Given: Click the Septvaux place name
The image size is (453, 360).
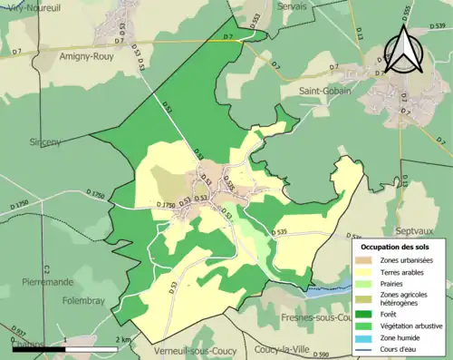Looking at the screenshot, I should (420, 229).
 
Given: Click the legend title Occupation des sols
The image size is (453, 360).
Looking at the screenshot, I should (396, 247).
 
